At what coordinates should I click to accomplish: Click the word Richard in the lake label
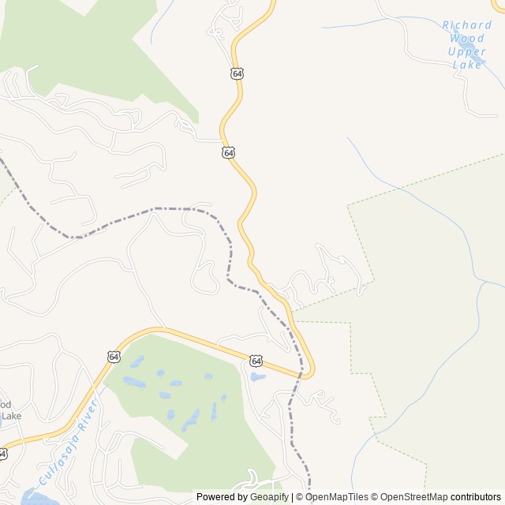pos(466,25)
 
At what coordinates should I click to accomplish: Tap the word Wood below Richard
pos(466,38)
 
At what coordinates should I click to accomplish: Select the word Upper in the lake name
pos(466,51)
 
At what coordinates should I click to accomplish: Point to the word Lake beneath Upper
pos(466,64)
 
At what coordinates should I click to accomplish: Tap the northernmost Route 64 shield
pos(238,73)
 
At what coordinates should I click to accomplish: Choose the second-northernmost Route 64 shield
pos(228,152)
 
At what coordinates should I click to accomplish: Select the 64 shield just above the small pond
pos(256,360)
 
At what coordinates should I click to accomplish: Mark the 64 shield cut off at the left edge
pos(2,454)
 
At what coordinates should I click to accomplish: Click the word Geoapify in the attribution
pos(268,497)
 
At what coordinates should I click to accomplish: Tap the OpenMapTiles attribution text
pos(338,497)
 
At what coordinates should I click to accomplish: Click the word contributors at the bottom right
pos(476,497)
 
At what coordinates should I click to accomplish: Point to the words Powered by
pos(221,497)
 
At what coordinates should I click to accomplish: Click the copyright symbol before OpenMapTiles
pos(299,497)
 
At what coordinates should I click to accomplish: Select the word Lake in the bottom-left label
pos(10,415)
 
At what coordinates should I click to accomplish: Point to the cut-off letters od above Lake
pos(6,403)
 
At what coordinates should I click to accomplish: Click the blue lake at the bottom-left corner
pos(36,497)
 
